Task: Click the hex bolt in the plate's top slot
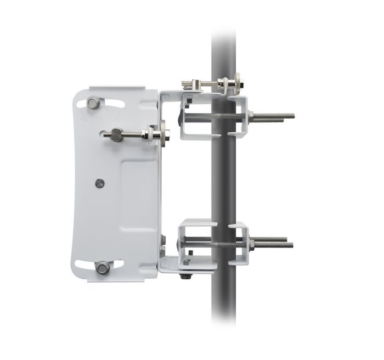pos(93,103)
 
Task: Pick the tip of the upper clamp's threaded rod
pos(292,116)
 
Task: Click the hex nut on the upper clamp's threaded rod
pos(251,116)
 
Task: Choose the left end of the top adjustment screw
pos(183,83)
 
